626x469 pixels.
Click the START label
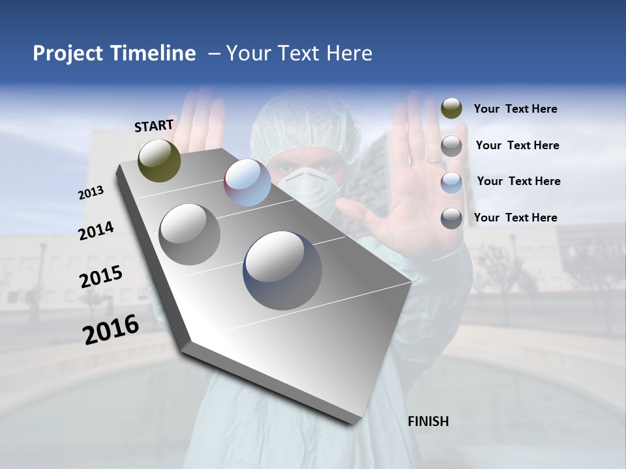[x=154, y=126]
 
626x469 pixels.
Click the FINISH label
[x=428, y=421]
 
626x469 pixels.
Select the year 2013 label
[x=91, y=193]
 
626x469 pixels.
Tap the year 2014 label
[x=96, y=231]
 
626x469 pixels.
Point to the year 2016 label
[x=111, y=329]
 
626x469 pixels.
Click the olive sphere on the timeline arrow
[x=159, y=160]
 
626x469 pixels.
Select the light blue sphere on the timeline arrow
[x=247, y=182]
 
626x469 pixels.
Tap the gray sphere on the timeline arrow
[x=189, y=234]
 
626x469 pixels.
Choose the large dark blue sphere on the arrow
[x=282, y=270]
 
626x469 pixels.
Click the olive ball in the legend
[x=451, y=109]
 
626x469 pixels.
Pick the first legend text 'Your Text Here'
[x=515, y=109]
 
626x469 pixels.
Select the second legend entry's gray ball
[x=451, y=146]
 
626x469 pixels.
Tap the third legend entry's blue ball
[x=451, y=182]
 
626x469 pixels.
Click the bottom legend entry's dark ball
[x=451, y=218]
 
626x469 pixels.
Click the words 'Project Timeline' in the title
[x=114, y=53]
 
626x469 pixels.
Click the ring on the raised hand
[x=434, y=160]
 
